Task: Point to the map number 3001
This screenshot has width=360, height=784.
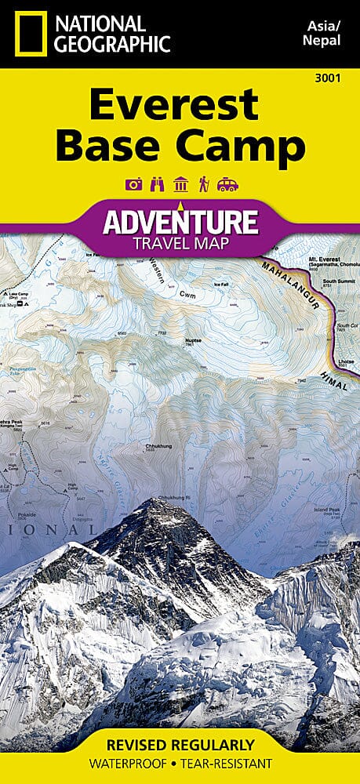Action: pos(335,76)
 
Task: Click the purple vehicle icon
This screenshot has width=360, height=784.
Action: pos(227,185)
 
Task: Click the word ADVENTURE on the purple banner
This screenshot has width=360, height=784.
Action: pos(180,221)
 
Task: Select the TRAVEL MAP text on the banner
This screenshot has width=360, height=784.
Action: pos(180,243)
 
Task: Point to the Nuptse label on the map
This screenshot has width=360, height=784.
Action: pos(193,340)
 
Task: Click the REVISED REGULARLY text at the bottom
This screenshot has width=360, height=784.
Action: pos(180,744)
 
